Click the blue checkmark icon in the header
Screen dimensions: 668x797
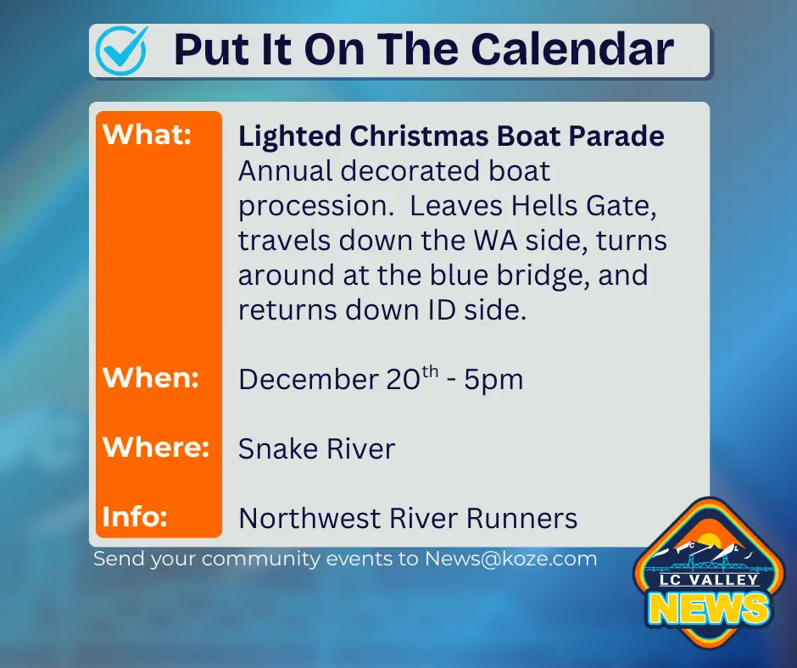[x=121, y=49]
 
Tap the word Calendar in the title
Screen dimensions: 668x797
[x=572, y=50]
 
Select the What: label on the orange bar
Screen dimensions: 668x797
[x=147, y=136]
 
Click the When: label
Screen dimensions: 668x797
[x=151, y=377]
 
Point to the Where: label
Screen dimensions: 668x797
[x=156, y=447]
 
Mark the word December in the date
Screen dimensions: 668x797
[x=306, y=380]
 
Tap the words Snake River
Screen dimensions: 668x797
[x=316, y=448]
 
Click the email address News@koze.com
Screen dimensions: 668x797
[x=511, y=559]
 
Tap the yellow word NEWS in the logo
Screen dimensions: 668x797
[x=710, y=608]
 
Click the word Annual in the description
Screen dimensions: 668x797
[x=285, y=171]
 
